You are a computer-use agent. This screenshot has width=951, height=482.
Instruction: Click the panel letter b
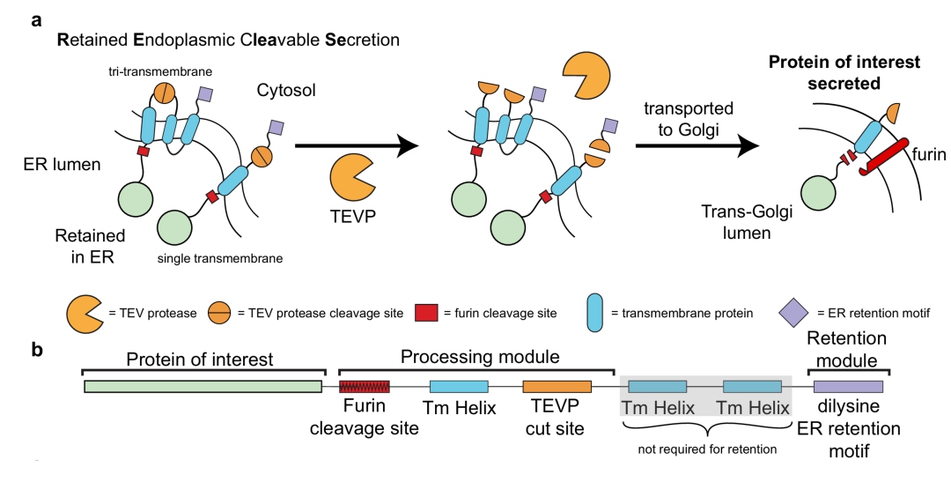[x=37, y=349]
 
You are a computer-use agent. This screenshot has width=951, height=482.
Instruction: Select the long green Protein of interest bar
[x=203, y=386]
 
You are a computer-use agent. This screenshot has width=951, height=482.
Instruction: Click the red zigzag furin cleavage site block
[x=358, y=386]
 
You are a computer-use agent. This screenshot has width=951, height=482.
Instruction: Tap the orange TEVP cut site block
[x=557, y=386]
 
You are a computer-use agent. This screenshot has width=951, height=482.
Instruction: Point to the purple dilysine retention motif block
[x=848, y=386]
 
